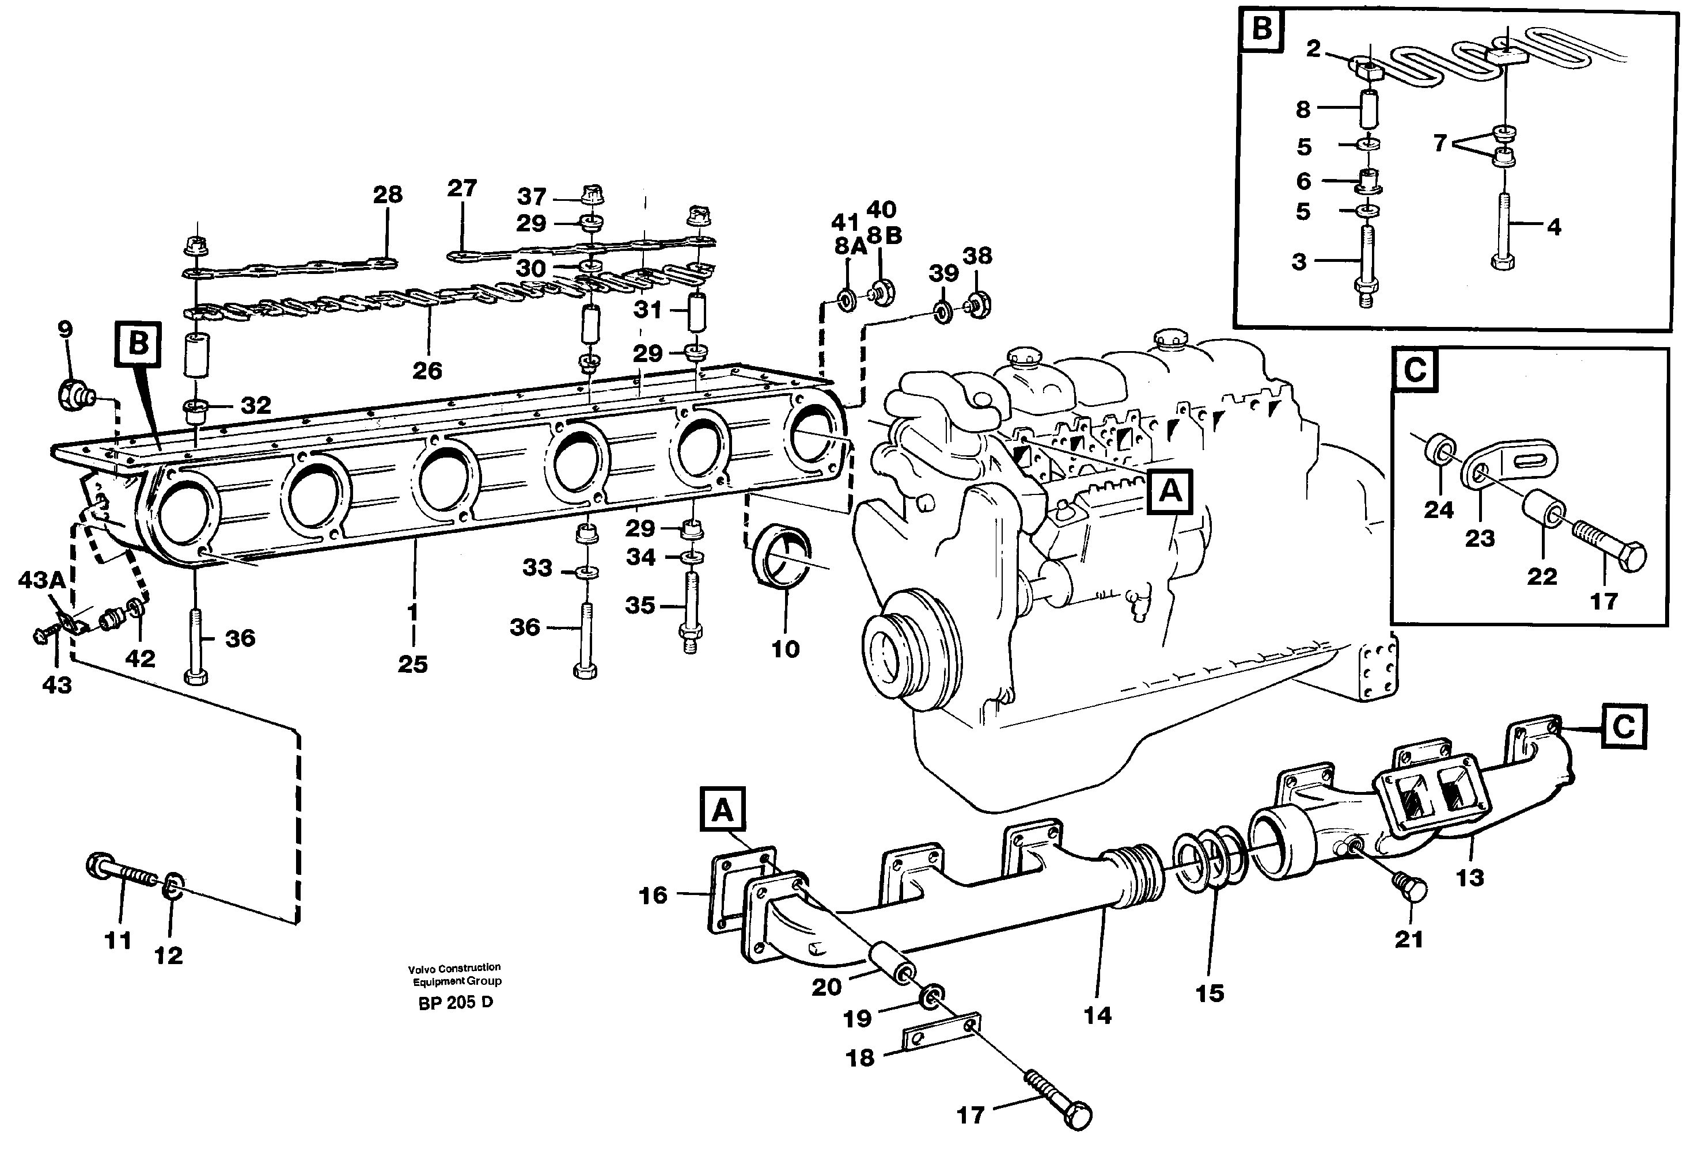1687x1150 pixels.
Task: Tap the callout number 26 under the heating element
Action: pos(427,371)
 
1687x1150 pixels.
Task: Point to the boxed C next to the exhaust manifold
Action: pos(1623,726)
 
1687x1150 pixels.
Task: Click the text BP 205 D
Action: pos(455,1003)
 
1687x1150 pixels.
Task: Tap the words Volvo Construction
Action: pos(454,967)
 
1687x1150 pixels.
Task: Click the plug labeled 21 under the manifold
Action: pos(1410,889)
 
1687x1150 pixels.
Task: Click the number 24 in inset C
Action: pos(1438,510)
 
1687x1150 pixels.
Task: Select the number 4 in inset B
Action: pos(1553,227)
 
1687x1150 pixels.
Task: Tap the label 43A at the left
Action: pos(41,580)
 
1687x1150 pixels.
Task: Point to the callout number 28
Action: pos(388,195)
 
